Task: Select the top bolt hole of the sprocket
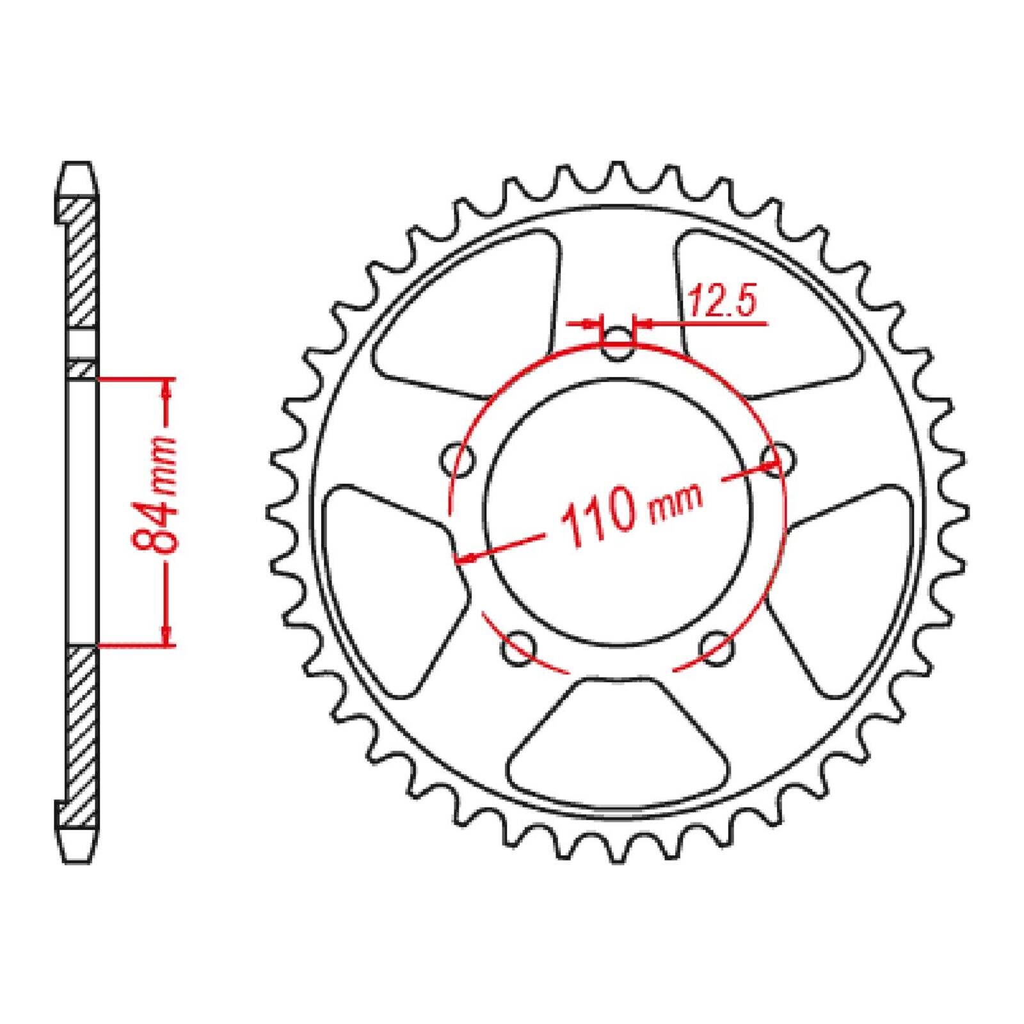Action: point(617,344)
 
